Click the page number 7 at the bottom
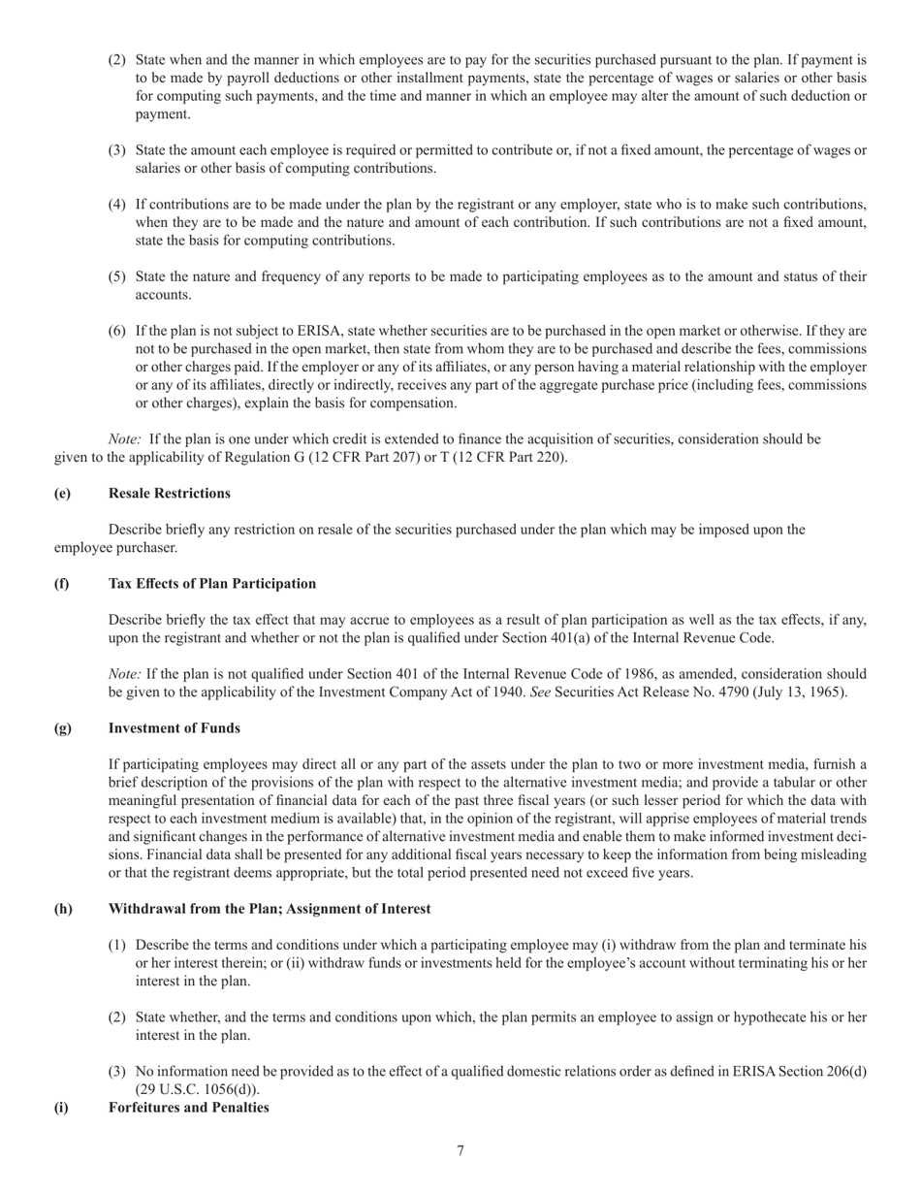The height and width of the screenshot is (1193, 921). click(460, 1151)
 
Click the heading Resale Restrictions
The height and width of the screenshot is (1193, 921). click(169, 494)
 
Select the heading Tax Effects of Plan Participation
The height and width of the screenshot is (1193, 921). click(211, 584)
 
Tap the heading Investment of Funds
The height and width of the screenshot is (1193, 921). click(174, 728)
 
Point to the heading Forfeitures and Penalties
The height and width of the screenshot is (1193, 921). click(188, 1108)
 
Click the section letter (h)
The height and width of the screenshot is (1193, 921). click(63, 909)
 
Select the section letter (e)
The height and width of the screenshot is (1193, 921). click(62, 494)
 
